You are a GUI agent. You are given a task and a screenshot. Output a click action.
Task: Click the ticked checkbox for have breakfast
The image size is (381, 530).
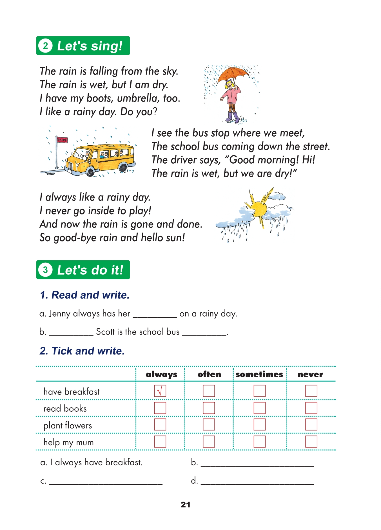[160, 391]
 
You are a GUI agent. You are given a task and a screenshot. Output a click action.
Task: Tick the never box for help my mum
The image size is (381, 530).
[311, 441]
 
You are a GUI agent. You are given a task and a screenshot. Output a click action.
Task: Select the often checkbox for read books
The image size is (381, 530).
[209, 408]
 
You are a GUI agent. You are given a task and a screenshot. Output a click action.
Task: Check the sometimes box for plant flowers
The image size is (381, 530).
[259, 425]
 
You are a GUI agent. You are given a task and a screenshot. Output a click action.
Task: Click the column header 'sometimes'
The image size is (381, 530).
[259, 375]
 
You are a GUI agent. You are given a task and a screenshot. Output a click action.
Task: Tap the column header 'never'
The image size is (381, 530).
[310, 375]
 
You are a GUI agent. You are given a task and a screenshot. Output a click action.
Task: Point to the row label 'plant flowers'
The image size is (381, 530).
[68, 425]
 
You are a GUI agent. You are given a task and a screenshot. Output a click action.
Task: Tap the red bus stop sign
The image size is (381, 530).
[62, 140]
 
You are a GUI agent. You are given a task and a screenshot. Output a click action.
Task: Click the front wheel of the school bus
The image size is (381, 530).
[90, 171]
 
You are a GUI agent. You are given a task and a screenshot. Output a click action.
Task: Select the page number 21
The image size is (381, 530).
[186, 505]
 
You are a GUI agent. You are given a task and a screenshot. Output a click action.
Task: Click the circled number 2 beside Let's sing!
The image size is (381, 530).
[46, 46]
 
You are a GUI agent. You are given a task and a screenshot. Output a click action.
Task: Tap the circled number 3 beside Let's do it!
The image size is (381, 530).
[46, 270]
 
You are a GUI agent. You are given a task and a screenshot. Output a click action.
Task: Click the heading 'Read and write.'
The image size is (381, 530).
[84, 295]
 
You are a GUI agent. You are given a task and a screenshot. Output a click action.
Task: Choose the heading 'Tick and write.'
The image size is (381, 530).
[82, 351]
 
